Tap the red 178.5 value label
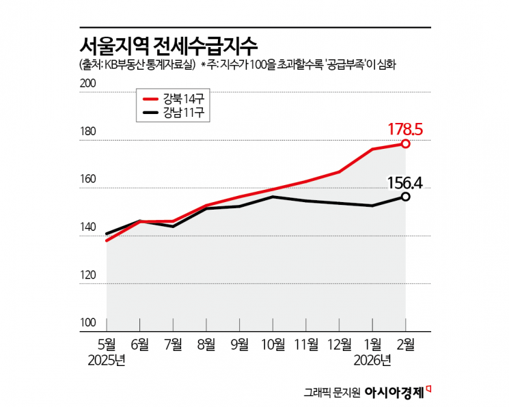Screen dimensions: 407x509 click(407, 128)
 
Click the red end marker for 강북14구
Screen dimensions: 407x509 click(406, 143)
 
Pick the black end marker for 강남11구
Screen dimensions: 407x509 click(406, 197)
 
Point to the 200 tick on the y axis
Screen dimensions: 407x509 click(89, 83)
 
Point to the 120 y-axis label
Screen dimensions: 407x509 click(89, 275)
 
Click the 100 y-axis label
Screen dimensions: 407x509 click(89, 322)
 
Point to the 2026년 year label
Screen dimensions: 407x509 click(373, 360)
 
